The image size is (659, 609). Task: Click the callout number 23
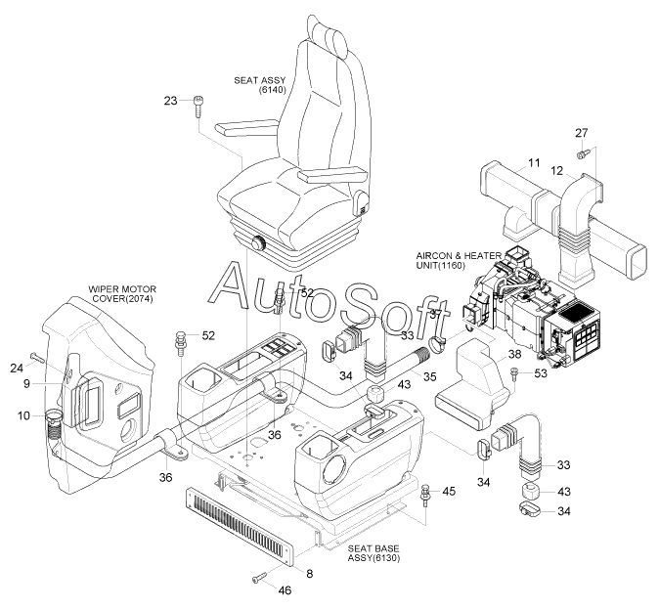(171, 101)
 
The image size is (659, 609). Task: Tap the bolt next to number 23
(198, 107)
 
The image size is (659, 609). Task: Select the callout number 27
(581, 133)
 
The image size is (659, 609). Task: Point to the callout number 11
(534, 162)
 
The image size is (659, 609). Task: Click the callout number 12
(556, 171)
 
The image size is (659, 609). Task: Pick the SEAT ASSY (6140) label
(260, 84)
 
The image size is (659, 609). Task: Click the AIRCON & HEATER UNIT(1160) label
(459, 261)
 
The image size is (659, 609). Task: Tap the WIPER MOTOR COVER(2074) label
(122, 294)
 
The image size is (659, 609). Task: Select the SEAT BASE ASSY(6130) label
(373, 553)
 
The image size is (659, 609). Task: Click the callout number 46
(285, 590)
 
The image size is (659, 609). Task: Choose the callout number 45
(449, 491)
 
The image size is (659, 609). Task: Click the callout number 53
(541, 373)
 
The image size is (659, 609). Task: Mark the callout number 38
(515, 354)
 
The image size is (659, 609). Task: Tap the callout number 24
(17, 369)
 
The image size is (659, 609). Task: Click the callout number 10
(24, 415)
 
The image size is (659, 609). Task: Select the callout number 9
(27, 384)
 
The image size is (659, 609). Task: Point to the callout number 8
(310, 574)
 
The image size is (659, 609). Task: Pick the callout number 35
(429, 376)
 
